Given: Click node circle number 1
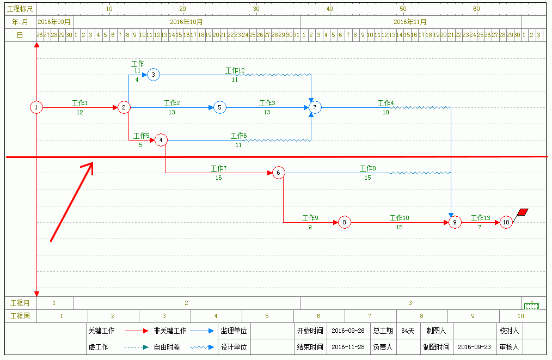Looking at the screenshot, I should [x=36, y=107].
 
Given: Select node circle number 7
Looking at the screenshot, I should [x=315, y=107].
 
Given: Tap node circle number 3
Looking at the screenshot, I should [x=153, y=75].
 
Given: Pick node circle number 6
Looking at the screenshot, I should [x=278, y=173].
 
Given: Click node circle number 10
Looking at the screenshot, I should [x=506, y=222].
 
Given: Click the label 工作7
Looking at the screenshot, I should [x=218, y=168].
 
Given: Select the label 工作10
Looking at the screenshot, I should [x=399, y=218].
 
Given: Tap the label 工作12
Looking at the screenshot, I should [x=235, y=70].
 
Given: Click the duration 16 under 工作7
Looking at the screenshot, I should [x=218, y=178].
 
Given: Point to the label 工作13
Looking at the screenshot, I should [x=480, y=218].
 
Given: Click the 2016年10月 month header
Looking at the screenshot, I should [x=186, y=22].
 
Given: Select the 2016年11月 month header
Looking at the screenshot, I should [x=410, y=22].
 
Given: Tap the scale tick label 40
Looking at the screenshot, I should [x=329, y=9].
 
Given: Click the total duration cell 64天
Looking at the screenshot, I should [x=408, y=331].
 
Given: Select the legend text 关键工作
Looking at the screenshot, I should [x=101, y=331].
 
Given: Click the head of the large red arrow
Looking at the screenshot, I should [x=90, y=165].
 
